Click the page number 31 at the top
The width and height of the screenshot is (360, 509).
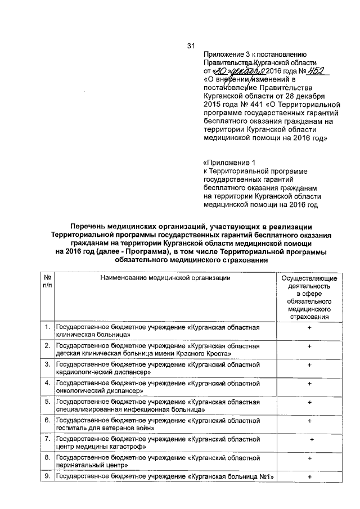[x=190, y=47]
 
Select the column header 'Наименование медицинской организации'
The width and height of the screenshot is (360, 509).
[x=165, y=278]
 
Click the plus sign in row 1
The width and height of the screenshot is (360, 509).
[x=309, y=327]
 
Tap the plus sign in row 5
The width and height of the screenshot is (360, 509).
[x=309, y=402]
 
